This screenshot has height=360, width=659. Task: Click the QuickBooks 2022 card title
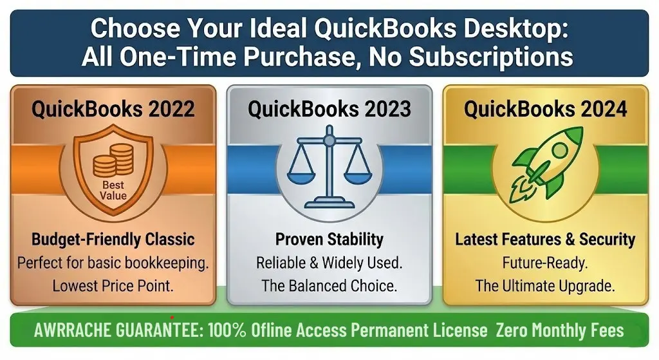click(x=113, y=109)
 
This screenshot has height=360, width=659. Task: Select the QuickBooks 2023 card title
click(x=329, y=109)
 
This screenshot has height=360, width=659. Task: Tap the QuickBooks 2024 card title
click(x=545, y=109)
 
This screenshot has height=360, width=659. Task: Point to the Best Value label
click(x=113, y=190)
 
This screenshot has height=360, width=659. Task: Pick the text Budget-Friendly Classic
click(x=113, y=240)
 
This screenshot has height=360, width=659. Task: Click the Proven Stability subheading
click(x=329, y=240)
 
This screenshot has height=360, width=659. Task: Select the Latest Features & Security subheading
click(x=545, y=240)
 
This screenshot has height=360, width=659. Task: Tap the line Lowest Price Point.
click(x=113, y=285)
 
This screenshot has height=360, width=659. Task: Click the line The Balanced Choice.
click(x=329, y=285)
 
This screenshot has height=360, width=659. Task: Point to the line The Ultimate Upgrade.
click(x=545, y=285)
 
